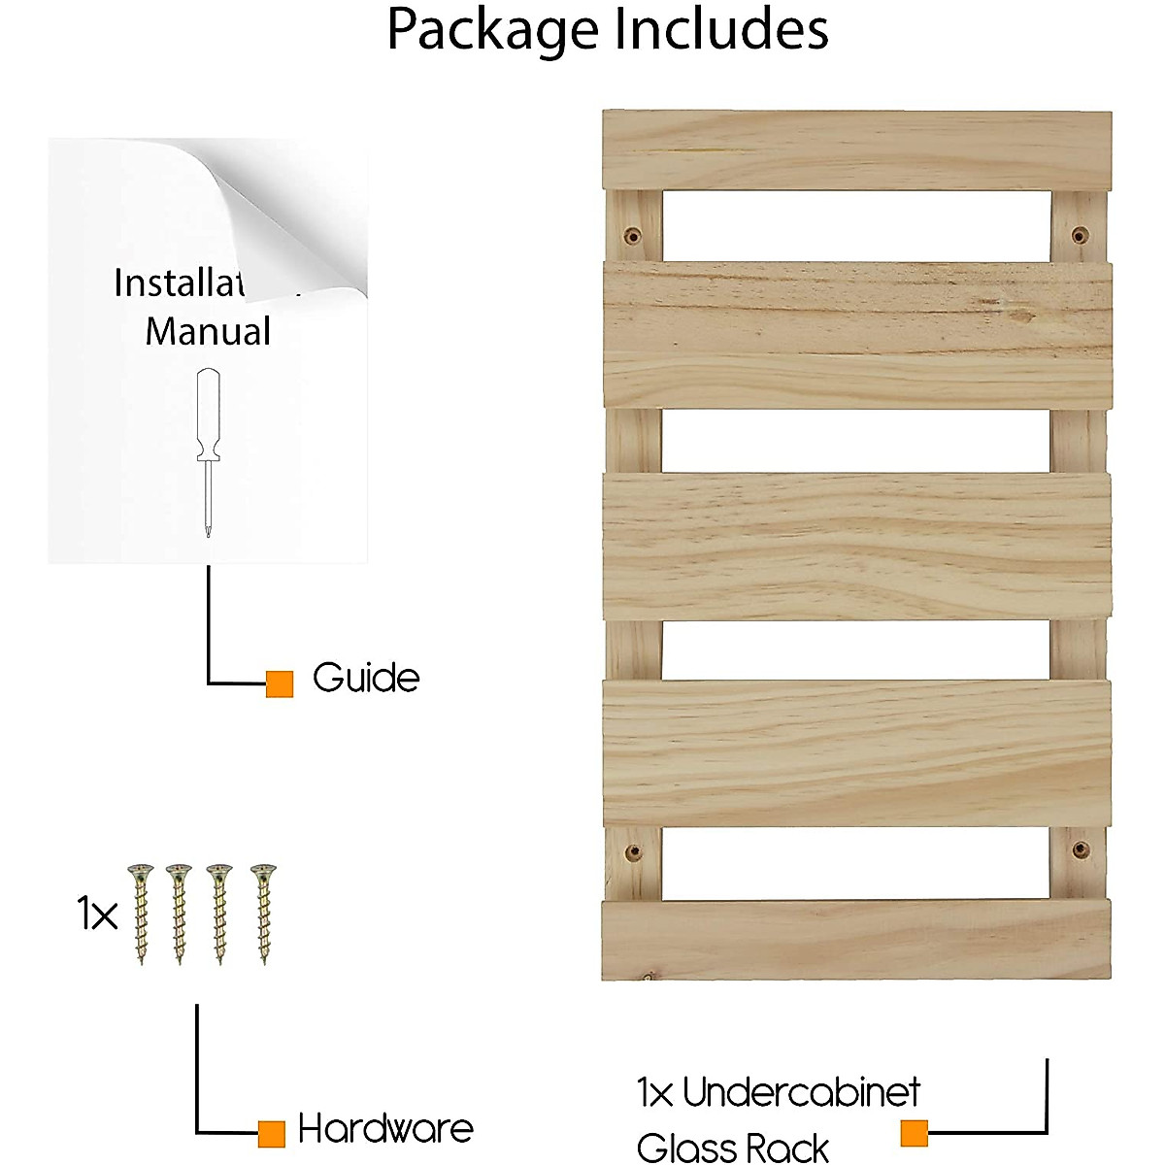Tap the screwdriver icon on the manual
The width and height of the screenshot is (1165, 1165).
[208, 451]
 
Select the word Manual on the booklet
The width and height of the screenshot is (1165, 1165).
[208, 332]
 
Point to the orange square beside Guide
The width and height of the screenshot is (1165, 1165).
[280, 683]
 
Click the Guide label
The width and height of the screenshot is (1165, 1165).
[366, 678]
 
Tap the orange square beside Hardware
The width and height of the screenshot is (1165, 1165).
[272, 1133]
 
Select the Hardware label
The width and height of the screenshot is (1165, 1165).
[385, 1129]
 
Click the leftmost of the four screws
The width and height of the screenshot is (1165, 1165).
[142, 913]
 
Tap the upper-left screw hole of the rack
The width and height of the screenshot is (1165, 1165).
[632, 235]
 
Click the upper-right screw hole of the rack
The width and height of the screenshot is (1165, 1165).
[1080, 235]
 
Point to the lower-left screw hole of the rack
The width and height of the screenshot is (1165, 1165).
[632, 853]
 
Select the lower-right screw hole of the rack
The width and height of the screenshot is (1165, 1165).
[1080, 850]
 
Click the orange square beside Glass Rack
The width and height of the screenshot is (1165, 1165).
[914, 1133]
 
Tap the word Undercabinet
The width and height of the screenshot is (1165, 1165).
[801, 1093]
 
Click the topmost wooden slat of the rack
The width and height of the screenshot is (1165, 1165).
[856, 150]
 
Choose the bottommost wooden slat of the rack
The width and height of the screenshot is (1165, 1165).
[856, 940]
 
